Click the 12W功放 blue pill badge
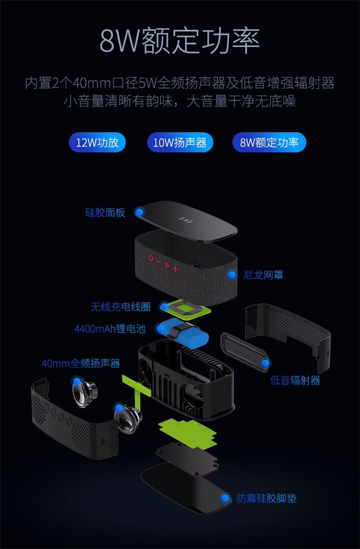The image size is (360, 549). coord(97,142)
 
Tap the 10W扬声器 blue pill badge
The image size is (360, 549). coord(180,142)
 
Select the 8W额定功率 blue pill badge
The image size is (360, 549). coord(269,142)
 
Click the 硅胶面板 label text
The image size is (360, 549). coord(105,212)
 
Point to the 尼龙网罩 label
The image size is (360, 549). coord(263,275)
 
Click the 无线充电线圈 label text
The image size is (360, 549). coord(120,307)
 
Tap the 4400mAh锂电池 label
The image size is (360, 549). coord(109,329)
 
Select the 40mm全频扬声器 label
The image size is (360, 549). coord(81,363)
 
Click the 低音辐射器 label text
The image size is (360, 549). coord(295,380)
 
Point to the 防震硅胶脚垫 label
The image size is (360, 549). coord(266,498)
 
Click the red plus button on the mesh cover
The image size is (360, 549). coord(175,269)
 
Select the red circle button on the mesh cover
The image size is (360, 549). coord(151,258)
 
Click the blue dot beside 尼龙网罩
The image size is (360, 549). coord(232,275)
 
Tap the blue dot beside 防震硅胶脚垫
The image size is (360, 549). coord(225,498)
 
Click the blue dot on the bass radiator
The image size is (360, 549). coord(265,363)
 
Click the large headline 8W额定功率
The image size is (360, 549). coord(180,41)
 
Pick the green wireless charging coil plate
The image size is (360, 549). coord(186,309)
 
